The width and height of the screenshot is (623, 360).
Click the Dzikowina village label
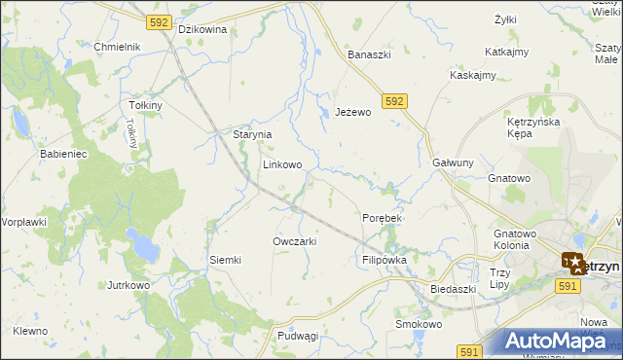(x=202, y=29)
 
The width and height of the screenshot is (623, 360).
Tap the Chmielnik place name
(x=118, y=47)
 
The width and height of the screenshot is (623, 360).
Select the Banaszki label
(x=369, y=54)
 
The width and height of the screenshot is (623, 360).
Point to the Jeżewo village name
(x=353, y=113)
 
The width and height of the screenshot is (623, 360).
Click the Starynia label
(x=251, y=135)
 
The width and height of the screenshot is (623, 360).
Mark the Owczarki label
(x=295, y=241)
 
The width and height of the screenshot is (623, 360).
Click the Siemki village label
(x=225, y=260)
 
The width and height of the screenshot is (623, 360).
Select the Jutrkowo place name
(x=128, y=286)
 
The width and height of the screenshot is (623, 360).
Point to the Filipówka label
(x=384, y=261)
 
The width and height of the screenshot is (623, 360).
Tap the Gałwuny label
(x=453, y=162)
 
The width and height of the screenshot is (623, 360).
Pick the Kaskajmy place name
(x=473, y=75)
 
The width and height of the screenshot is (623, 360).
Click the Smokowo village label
(x=419, y=324)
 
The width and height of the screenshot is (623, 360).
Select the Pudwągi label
(x=298, y=336)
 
